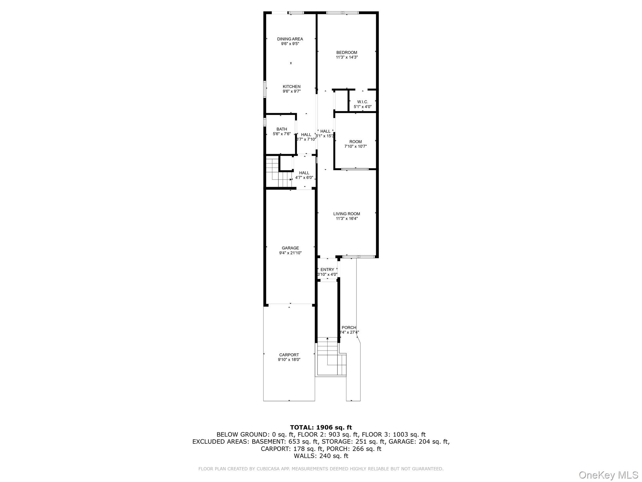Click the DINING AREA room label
coord(290,39)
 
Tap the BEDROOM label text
coord(346,52)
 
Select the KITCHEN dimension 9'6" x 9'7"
coord(292,91)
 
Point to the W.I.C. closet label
coord(362,102)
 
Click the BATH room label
coord(282,129)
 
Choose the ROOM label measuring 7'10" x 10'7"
coord(355,142)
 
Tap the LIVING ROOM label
coord(346,214)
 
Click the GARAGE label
coord(290,248)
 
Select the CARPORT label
coord(289,355)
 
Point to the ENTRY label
coord(327,270)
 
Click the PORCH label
coord(349,327)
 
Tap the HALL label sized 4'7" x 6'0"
coord(304,173)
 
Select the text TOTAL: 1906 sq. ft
coord(321,427)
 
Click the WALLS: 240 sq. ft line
coord(321,456)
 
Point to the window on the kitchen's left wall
coord(265,89)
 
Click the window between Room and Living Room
coord(355,169)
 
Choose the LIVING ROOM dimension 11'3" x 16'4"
coord(346,219)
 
